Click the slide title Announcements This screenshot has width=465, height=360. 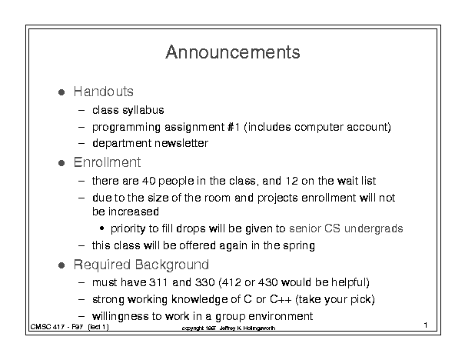point(233,52)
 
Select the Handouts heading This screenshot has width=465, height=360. point(103,92)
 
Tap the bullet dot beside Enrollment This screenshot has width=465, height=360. point(61,163)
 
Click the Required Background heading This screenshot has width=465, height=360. point(141,265)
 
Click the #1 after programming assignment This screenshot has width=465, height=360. point(234,127)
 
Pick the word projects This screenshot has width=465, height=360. point(277,198)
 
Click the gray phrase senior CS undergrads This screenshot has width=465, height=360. point(346,228)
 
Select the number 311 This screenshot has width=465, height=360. point(158,282)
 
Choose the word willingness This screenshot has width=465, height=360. point(120,316)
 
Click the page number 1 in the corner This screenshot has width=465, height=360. point(426,325)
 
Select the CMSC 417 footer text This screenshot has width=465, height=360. point(70,327)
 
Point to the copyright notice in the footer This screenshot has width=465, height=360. point(228,328)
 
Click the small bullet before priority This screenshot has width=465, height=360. point(102,228)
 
